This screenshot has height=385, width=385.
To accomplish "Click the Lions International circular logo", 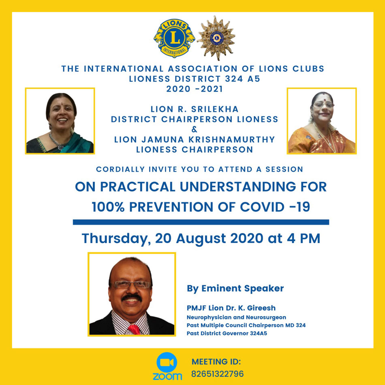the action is coord(174,38).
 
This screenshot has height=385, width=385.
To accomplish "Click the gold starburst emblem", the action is coord(216,38).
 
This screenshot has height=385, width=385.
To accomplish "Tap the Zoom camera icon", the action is coord(167,362).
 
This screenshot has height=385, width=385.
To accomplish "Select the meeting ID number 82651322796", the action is coord(217,374).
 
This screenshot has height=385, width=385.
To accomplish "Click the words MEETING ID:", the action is coord(216,361).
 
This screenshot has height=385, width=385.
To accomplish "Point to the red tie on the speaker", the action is coord(134,329).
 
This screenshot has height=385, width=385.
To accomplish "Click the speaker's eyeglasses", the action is coord(132,284).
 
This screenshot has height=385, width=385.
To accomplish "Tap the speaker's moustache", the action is coord(132,298).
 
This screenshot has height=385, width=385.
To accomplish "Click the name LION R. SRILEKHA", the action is coord(195,109).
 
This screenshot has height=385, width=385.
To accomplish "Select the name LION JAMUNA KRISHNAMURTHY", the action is coord(195,139).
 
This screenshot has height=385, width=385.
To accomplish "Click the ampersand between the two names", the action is coord(195,129).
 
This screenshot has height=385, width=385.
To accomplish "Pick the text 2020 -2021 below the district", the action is coord(195,89).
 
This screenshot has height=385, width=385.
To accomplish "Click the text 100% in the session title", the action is coord(108,207).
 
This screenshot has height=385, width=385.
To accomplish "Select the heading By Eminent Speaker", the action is coord(235,289).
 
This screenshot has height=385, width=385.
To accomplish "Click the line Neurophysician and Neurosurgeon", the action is coord(236,317).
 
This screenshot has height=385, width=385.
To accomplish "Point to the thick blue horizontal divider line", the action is coord(201,222).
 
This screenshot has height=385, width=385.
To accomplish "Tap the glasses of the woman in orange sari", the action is coord(323,105).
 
